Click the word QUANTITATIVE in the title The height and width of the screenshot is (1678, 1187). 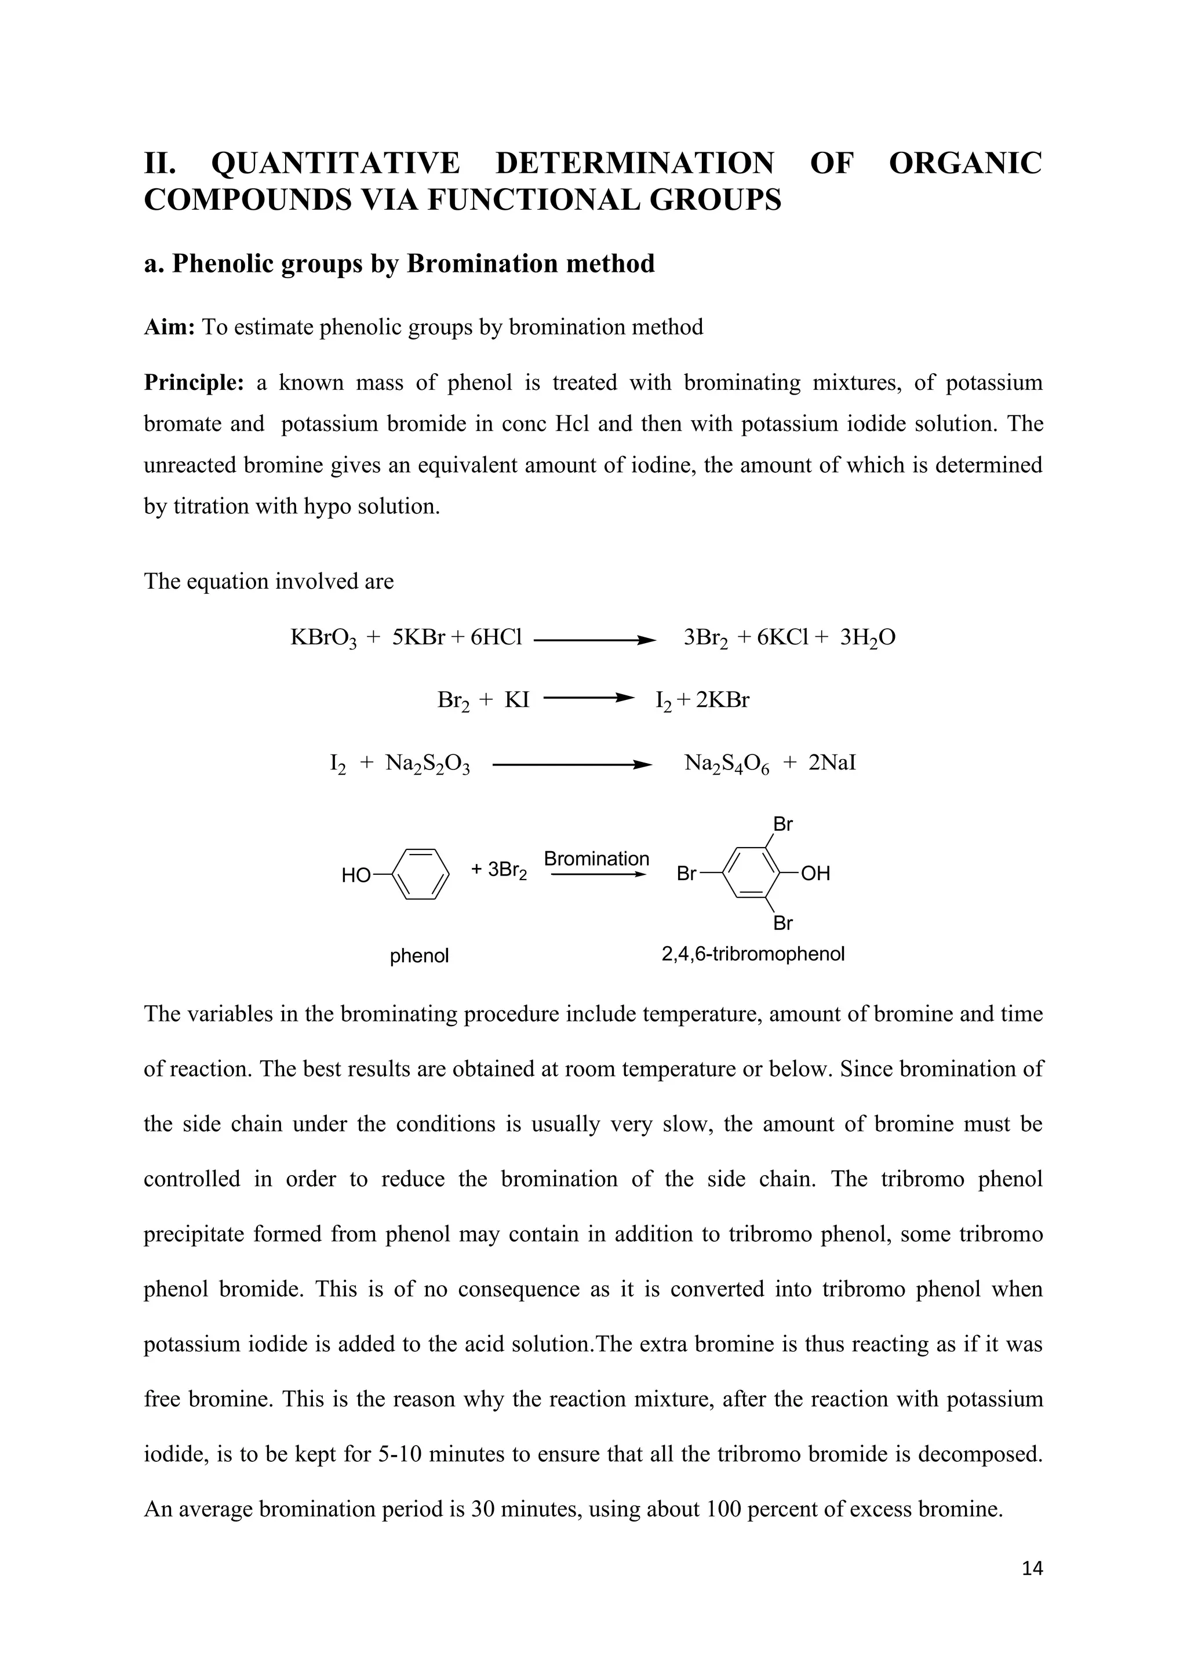(336, 163)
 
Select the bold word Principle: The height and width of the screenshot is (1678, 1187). (194, 382)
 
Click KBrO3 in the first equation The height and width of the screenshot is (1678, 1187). (323, 638)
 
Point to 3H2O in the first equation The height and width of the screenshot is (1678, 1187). (868, 638)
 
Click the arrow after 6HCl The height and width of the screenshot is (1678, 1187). (594, 641)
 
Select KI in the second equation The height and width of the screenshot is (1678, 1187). (517, 700)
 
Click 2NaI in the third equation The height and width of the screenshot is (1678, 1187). (832, 763)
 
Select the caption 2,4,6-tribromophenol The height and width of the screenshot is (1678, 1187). (753, 954)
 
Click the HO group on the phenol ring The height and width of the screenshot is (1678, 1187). (356, 875)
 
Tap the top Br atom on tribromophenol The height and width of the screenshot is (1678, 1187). (783, 825)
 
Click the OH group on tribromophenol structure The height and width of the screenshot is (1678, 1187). (815, 873)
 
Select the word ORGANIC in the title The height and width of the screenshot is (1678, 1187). (965, 163)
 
